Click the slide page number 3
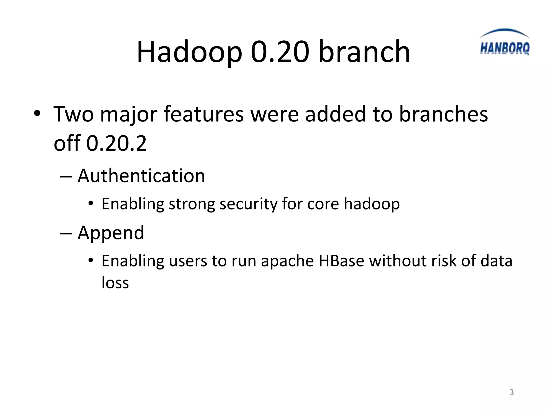(511, 392)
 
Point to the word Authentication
(141, 176)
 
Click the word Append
(111, 233)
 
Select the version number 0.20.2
(116, 143)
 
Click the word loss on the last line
(115, 283)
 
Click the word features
(204, 114)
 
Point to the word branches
(443, 114)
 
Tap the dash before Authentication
(66, 177)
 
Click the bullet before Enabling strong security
(91, 204)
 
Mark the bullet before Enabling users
(91, 261)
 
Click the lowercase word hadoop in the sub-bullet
(372, 204)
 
